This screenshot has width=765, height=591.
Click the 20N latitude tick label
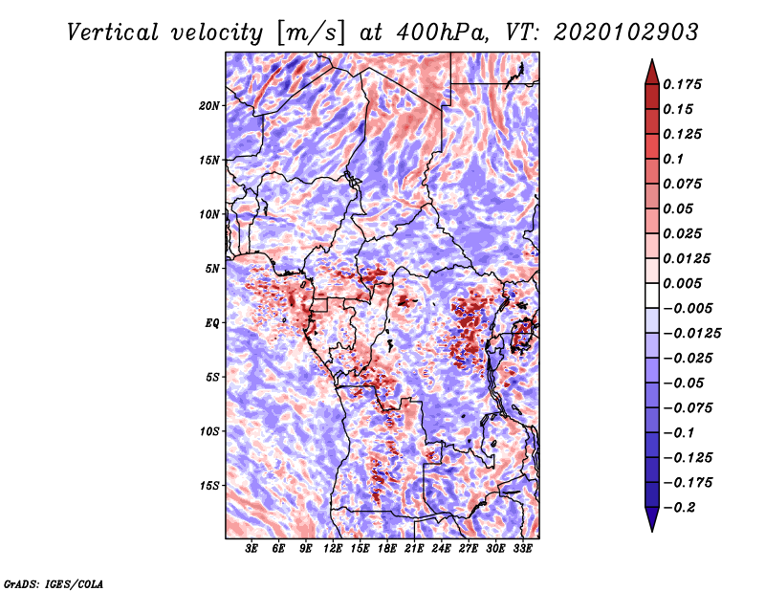tap(209, 105)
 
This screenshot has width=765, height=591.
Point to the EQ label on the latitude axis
tap(212, 323)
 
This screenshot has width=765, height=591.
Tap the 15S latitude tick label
tap(209, 486)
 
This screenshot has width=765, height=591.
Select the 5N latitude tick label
tap(212, 269)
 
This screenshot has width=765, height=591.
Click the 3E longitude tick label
tap(251, 549)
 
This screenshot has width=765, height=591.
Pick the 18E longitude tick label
tap(387, 549)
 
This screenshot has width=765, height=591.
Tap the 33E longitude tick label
tap(523, 549)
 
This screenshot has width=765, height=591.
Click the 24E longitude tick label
tap(442, 549)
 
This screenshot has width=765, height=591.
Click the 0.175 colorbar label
tap(684, 85)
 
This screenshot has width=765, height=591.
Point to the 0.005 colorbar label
tap(684, 283)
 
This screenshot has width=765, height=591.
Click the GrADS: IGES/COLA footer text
tap(53, 582)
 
